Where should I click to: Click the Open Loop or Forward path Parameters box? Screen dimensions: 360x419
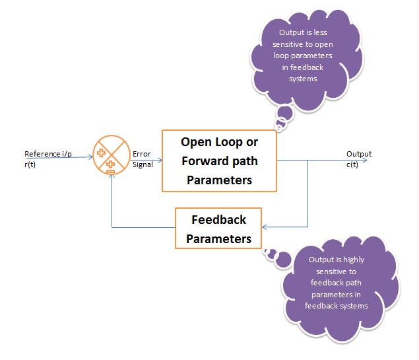219,161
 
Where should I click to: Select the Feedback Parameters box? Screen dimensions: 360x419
218,229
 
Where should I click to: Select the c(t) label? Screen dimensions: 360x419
354,164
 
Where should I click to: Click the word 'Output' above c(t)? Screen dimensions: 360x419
359,154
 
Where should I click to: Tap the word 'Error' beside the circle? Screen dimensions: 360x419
142,154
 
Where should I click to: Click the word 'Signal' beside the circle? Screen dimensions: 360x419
143,164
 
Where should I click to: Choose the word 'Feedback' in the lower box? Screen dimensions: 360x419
219,220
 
